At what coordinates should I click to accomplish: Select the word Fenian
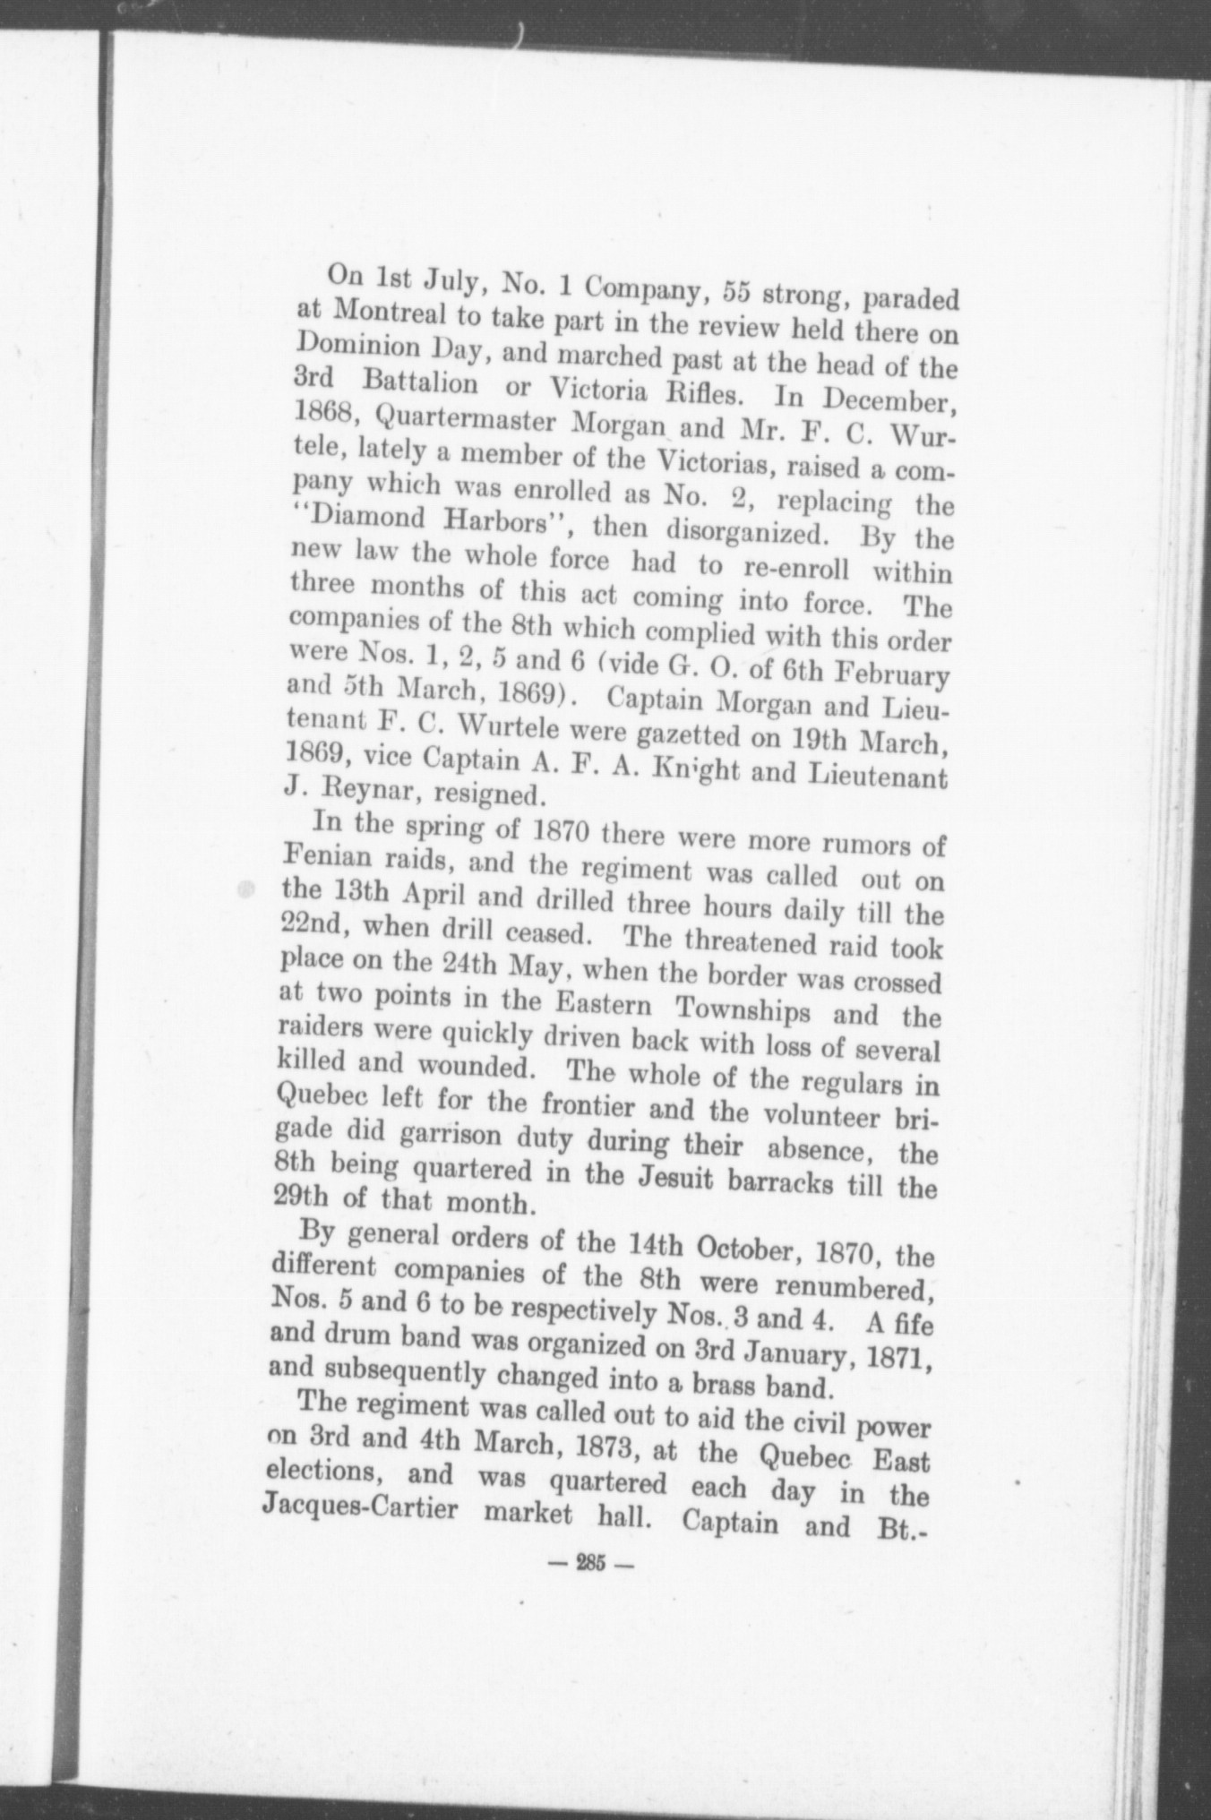click(x=327, y=857)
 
